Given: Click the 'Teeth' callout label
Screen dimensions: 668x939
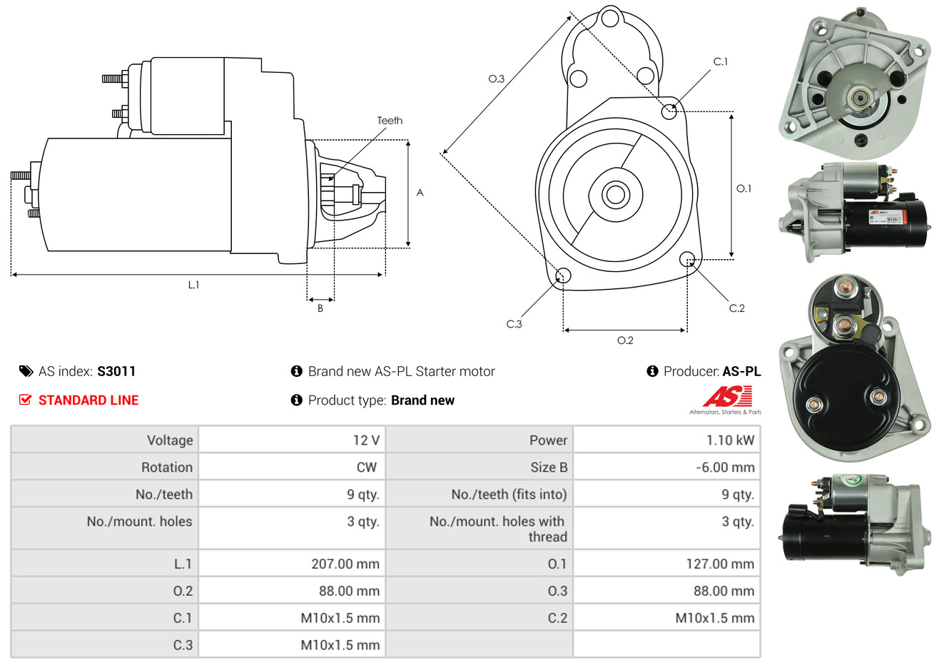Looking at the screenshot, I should tap(390, 121).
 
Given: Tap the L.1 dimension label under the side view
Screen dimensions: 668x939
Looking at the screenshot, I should tap(193, 285).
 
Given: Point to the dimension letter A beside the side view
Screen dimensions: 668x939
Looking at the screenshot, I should tap(420, 193).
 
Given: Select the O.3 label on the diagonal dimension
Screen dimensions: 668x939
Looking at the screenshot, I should tap(497, 79).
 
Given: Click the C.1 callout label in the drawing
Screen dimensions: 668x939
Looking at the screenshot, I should tap(721, 62).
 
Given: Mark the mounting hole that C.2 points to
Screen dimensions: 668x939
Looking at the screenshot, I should tap(687, 258).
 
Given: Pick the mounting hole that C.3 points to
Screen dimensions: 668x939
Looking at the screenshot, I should tap(562, 275).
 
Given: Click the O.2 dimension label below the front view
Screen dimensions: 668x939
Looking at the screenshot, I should tap(625, 340).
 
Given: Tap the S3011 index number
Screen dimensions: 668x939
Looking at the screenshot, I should tap(116, 371).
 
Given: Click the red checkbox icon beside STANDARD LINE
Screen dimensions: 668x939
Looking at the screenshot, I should tap(25, 400).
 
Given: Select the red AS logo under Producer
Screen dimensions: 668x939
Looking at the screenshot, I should tap(727, 396).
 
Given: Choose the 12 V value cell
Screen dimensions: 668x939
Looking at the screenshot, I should tap(366, 440).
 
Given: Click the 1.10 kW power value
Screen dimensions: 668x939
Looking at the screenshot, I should tap(730, 440).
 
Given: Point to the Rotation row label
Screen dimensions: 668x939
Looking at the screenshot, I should tap(167, 467).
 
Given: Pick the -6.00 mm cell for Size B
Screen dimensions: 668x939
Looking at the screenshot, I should tap(725, 467).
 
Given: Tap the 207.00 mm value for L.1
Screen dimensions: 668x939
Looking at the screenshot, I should tap(345, 564).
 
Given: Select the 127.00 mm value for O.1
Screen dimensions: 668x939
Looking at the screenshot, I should tap(720, 564).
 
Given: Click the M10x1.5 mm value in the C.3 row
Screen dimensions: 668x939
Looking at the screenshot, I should tap(340, 645).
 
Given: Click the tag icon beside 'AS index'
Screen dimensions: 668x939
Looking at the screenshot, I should tap(26, 371).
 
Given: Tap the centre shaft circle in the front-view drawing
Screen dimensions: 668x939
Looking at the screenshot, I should tap(614, 194).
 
